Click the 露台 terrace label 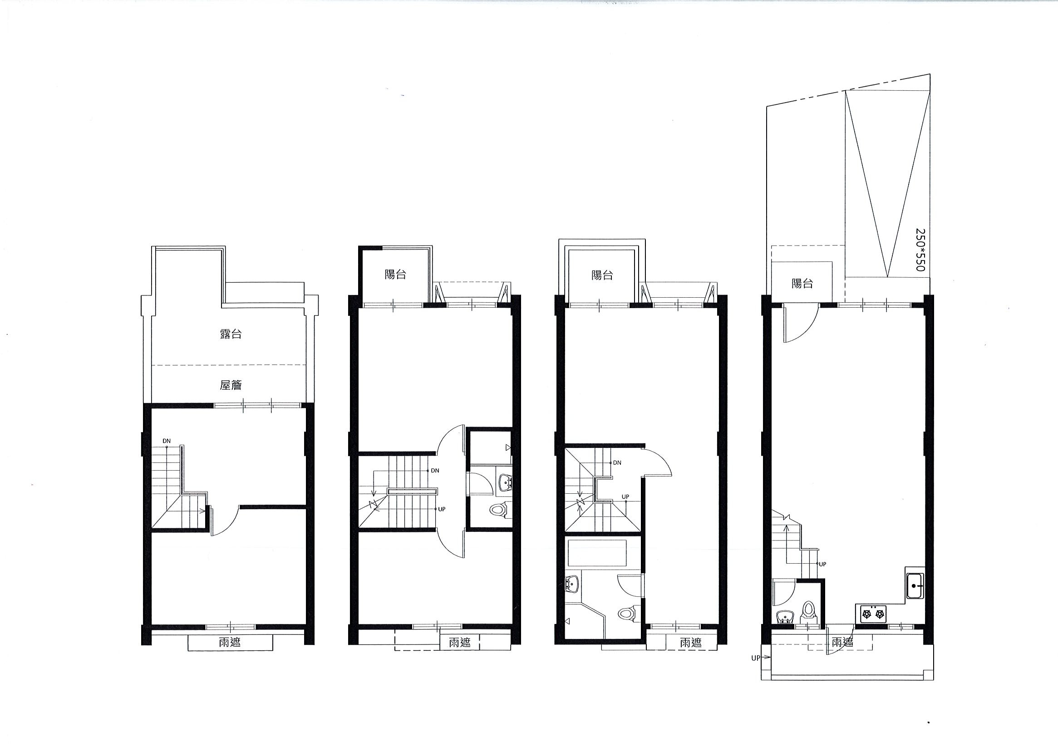click(x=231, y=334)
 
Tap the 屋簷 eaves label click(x=231, y=385)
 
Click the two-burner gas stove click(x=874, y=614)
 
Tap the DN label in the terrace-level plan click(x=167, y=441)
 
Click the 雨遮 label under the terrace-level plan click(x=230, y=642)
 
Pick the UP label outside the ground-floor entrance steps click(x=756, y=659)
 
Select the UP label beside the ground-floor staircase click(x=822, y=564)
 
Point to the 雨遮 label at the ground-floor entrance click(x=843, y=642)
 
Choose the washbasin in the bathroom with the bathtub click(x=572, y=584)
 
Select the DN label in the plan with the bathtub click(x=617, y=462)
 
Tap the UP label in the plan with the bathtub click(x=625, y=497)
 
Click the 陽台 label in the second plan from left click(x=395, y=275)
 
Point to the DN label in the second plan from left click(x=434, y=471)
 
